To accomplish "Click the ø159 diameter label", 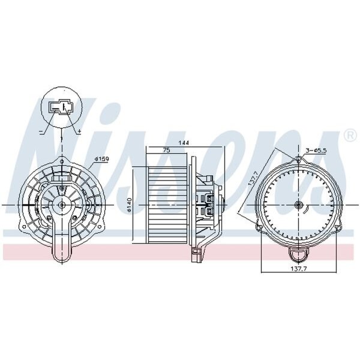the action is coord(102,158).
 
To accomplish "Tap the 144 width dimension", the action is coord(184,143).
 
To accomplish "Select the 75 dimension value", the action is coord(166,150).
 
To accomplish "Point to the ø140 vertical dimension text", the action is coord(129,205).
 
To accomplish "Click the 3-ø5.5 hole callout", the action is coord(316,151).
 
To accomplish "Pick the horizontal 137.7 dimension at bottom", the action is coord(299,268).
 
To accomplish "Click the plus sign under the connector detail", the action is coord(79,131).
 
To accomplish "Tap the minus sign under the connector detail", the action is coord(41,131).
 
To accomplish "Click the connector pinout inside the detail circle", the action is coord(61,107).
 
